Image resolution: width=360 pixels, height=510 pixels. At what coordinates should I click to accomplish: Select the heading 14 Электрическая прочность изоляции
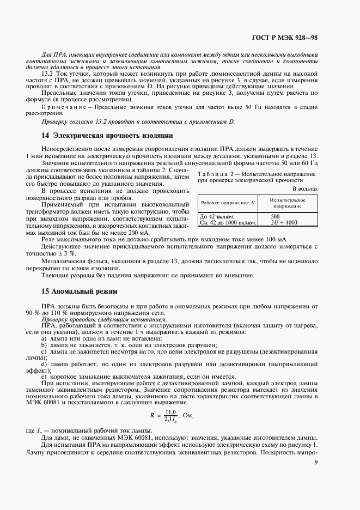107,135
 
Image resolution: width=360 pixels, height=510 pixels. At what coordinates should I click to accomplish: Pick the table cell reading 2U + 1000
284,222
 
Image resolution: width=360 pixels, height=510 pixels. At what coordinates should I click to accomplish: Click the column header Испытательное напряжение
288,203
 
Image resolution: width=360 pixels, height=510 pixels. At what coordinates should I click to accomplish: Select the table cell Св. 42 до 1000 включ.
226,222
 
